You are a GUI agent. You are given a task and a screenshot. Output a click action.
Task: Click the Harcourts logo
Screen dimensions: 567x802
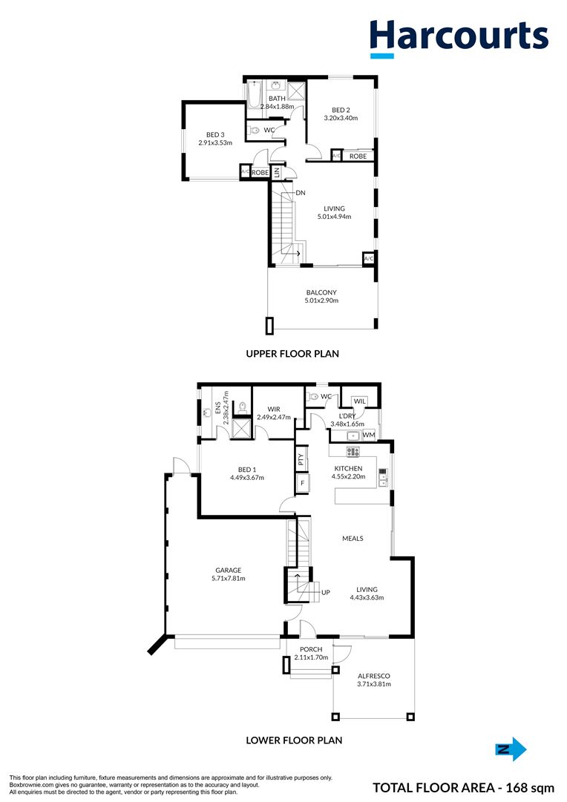pyautogui.click(x=459, y=39)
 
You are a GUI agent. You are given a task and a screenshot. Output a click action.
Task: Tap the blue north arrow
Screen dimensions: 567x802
pyautogui.click(x=511, y=749)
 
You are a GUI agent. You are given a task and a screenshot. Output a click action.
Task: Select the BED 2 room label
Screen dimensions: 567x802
pyautogui.click(x=341, y=110)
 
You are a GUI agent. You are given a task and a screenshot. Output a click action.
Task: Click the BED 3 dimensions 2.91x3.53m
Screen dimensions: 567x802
pyautogui.click(x=215, y=142)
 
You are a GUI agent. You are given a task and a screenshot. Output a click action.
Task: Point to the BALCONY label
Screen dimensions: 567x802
pyautogui.click(x=321, y=292)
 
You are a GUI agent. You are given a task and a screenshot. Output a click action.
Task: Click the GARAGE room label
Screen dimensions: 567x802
pyautogui.click(x=229, y=571)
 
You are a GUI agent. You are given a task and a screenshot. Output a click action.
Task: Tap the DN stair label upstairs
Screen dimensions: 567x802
pyautogui.click(x=301, y=193)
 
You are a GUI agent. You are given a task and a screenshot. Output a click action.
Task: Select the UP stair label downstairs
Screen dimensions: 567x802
pyautogui.click(x=326, y=592)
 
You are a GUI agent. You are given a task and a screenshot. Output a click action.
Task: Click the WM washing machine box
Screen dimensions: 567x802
pyautogui.click(x=369, y=435)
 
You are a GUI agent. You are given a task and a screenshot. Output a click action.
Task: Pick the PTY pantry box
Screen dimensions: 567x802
pyautogui.click(x=301, y=458)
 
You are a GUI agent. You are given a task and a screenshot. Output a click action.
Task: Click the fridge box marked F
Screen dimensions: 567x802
pyautogui.click(x=303, y=482)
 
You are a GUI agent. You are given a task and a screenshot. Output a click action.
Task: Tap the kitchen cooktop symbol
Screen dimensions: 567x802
pyautogui.click(x=353, y=452)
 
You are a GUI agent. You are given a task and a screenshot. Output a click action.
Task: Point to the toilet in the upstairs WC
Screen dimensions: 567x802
pyautogui.click(x=255, y=130)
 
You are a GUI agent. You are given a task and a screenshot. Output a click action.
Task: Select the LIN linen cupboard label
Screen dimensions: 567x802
pyautogui.click(x=277, y=173)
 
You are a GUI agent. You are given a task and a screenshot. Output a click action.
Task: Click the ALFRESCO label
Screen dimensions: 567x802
pyautogui.click(x=374, y=676)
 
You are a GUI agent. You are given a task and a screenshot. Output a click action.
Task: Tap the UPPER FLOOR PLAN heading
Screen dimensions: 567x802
pyautogui.click(x=292, y=353)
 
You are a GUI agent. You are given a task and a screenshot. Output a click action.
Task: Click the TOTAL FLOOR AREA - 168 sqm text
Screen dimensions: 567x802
pyautogui.click(x=464, y=788)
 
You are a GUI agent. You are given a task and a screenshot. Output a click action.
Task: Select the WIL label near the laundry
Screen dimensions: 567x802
pyautogui.click(x=360, y=401)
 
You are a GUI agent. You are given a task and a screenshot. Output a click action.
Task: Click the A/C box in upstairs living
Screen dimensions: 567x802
pyautogui.click(x=368, y=259)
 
